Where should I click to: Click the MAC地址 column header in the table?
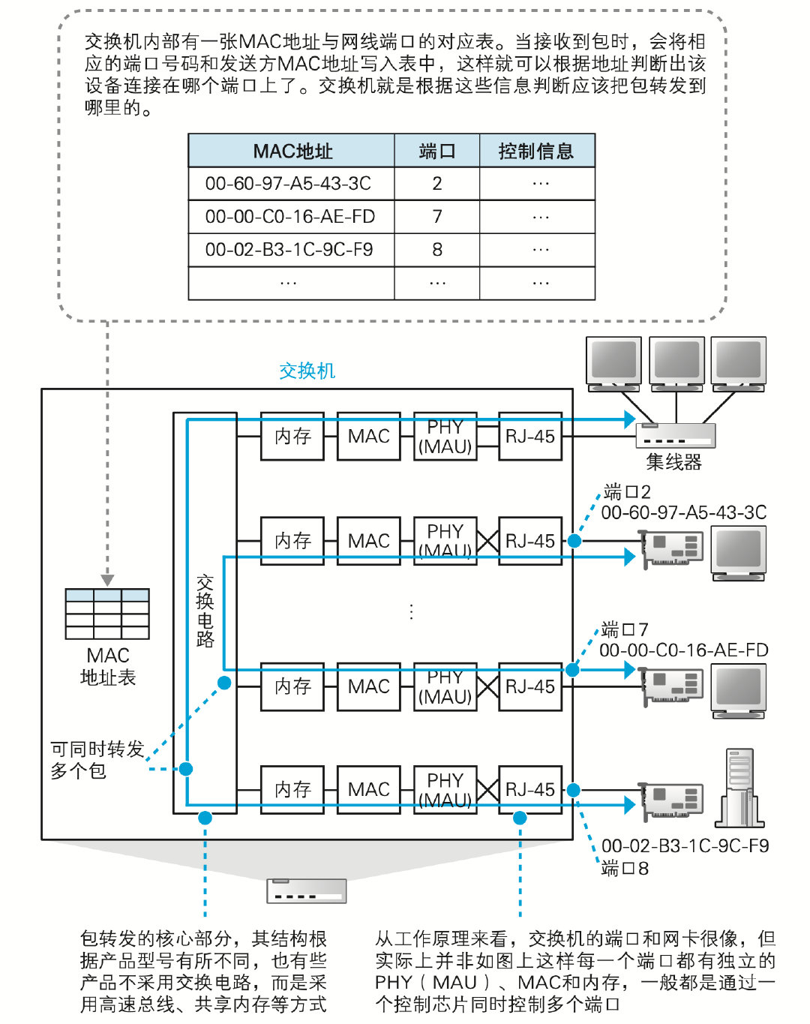[292, 151]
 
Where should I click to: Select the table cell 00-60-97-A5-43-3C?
[288, 184]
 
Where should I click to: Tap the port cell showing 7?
[437, 217]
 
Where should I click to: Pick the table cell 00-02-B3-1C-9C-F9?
[289, 250]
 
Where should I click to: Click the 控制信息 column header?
[536, 151]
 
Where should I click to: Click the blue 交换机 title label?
[307, 371]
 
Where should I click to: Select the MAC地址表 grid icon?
[107, 613]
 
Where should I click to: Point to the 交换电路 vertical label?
[205, 611]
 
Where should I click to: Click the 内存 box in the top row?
[292, 436]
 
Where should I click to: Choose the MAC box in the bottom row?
[368, 789]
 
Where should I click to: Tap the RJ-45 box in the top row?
[529, 436]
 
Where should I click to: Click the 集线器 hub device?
[675, 436]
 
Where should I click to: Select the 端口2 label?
[627, 492]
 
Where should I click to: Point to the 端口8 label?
[625, 869]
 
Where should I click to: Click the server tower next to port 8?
[739, 788]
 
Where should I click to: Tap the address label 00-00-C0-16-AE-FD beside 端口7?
[683, 650]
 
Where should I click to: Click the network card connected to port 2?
[673, 548]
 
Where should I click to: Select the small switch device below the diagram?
[306, 890]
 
